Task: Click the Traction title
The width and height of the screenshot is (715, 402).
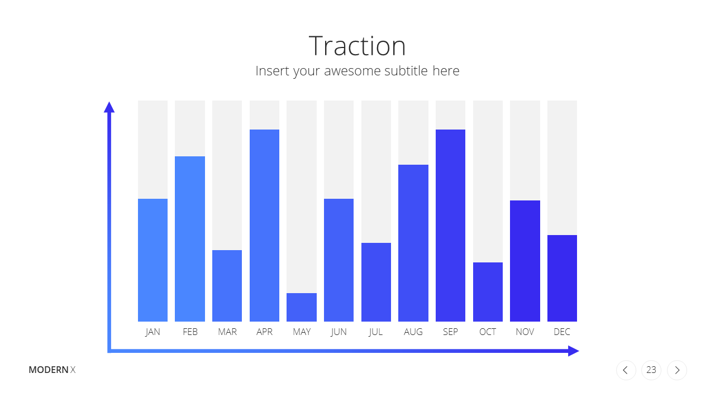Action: coord(357,46)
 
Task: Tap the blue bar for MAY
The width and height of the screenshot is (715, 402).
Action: coord(302,307)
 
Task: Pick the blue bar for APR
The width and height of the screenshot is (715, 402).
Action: coord(264,226)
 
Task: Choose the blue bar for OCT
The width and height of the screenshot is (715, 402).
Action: coord(488,292)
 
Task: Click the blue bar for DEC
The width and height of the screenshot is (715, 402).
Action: coord(562,278)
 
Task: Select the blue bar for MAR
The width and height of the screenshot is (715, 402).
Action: coord(227,286)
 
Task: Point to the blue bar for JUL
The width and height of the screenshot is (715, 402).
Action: coord(376,283)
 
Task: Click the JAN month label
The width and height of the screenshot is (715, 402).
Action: coord(152,332)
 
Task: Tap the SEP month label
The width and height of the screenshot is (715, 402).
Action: coord(450,332)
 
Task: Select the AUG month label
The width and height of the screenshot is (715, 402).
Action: coord(413,332)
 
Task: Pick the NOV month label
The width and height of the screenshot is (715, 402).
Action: coord(525,332)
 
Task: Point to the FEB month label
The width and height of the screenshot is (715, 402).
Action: coord(190,332)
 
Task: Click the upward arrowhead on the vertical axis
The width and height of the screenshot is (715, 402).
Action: coord(109,108)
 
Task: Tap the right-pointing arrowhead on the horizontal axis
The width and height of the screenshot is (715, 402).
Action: coord(574,351)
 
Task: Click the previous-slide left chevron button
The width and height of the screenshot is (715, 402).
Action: coord(626,370)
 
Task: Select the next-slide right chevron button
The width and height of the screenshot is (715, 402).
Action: coord(676,370)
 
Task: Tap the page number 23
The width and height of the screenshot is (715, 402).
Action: coord(651,370)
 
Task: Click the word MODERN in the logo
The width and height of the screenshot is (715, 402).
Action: coord(49,370)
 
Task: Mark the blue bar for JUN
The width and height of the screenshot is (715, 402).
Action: coord(339,260)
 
